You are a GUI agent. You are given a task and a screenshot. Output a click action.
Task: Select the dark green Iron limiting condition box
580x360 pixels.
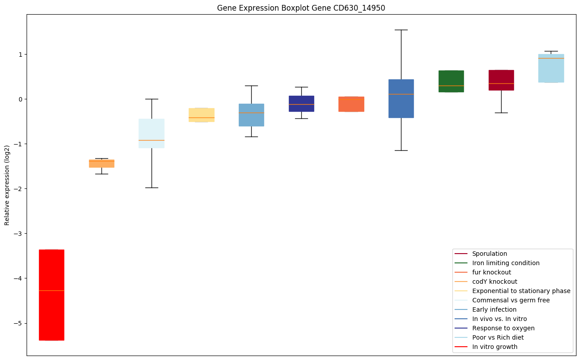tap(451, 81)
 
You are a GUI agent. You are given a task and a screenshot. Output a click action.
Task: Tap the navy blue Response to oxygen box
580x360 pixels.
tap(301, 103)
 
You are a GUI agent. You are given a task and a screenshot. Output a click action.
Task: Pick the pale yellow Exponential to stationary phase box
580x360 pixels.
tap(201, 114)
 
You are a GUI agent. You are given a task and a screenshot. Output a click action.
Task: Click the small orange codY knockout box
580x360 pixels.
tap(101, 164)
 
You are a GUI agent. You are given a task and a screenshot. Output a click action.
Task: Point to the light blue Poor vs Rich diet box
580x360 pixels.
tap(551, 69)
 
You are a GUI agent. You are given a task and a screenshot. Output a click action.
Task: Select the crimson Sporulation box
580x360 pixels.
tap(501, 80)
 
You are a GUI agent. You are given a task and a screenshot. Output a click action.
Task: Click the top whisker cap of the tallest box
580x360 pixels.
tap(401, 30)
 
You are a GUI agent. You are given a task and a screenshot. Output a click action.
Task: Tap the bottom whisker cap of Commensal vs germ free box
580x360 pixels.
tap(152, 188)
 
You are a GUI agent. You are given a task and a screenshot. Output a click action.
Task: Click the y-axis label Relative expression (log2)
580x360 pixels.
tap(7, 185)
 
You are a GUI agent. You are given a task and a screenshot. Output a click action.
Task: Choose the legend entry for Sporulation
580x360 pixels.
tap(489, 254)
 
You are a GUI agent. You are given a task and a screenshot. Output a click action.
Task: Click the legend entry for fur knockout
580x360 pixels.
tap(491, 272)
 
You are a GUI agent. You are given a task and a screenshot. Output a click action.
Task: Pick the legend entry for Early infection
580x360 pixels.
tap(494, 309)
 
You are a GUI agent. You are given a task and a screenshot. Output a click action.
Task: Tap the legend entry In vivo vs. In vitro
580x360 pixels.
tap(499, 319)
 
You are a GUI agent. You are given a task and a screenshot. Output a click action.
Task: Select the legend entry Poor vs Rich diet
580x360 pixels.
tap(498, 337)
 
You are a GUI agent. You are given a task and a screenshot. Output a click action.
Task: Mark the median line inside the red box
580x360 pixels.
tap(51, 290)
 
